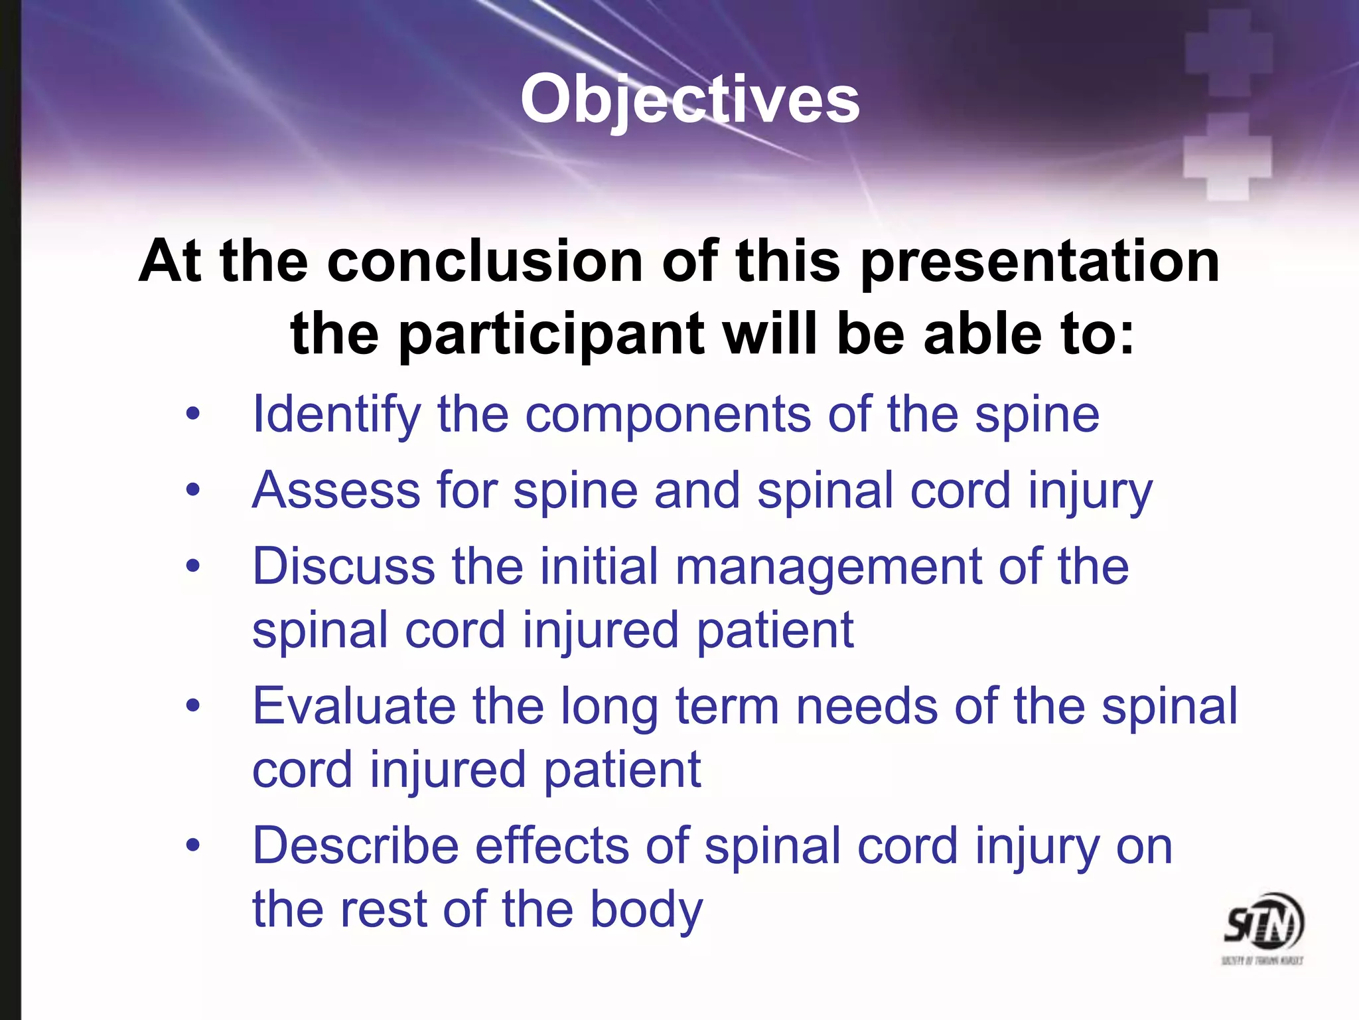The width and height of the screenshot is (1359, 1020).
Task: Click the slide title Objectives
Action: point(690,100)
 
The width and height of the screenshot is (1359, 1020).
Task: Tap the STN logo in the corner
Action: point(1263,926)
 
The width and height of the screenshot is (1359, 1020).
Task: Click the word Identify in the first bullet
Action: point(336,415)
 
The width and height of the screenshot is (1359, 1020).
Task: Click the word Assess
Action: point(336,491)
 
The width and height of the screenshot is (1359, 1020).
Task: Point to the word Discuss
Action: point(344,566)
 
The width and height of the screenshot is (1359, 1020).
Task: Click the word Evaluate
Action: point(354,706)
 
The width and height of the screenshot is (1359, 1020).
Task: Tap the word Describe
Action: point(356,846)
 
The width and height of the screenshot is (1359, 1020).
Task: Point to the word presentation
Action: point(1040,263)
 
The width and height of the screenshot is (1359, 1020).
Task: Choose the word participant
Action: point(551,335)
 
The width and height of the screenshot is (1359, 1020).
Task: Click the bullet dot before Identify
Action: point(192,415)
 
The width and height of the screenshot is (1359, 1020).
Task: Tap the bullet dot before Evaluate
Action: point(192,705)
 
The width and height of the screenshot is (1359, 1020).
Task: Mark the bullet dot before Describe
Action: point(192,845)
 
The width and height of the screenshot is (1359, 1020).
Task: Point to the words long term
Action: point(670,707)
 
